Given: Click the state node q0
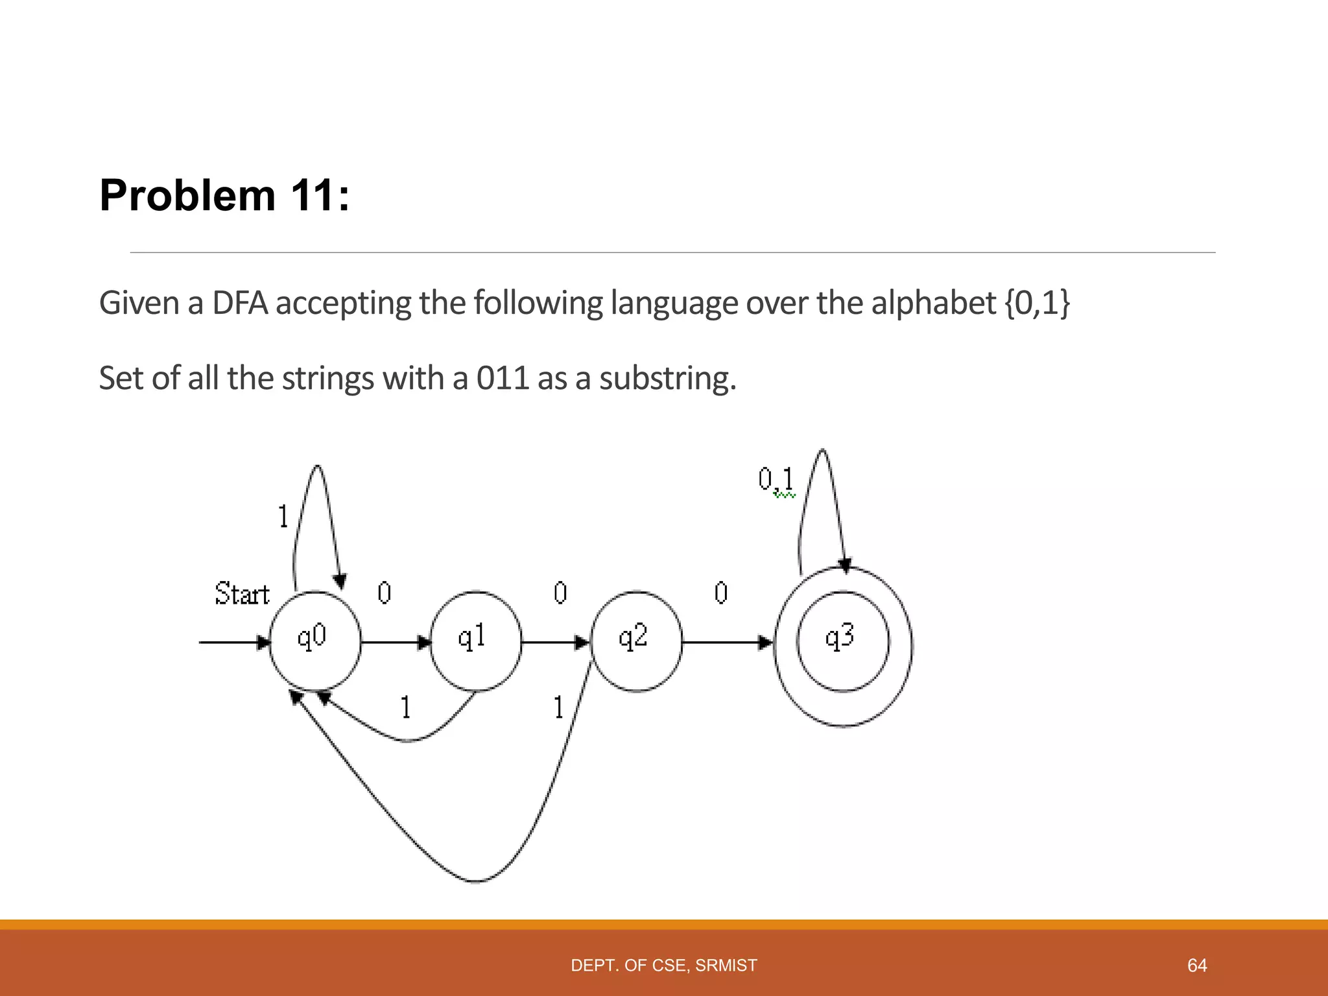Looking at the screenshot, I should click(x=314, y=641).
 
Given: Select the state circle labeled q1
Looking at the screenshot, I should click(x=475, y=641).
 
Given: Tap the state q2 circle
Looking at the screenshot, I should click(x=636, y=641).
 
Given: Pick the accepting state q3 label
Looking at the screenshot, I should click(x=840, y=637).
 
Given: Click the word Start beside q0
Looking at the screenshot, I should click(x=242, y=594).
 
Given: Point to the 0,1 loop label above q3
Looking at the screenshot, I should click(x=776, y=480).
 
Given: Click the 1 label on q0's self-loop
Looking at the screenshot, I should click(x=283, y=517).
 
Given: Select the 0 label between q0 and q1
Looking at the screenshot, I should click(x=384, y=593).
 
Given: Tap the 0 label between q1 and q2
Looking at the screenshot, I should click(x=560, y=593).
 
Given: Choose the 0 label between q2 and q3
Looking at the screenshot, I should click(x=721, y=593).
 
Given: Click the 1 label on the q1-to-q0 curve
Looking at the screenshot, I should click(x=405, y=707).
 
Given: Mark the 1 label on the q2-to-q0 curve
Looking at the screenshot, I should click(x=558, y=707).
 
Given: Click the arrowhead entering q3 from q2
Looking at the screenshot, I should click(x=766, y=643).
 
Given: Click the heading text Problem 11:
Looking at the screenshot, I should click(x=224, y=195).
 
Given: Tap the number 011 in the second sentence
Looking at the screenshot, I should click(x=503, y=378).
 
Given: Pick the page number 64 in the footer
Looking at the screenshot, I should click(x=1196, y=966).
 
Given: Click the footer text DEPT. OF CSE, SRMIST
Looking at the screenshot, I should click(x=663, y=966).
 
